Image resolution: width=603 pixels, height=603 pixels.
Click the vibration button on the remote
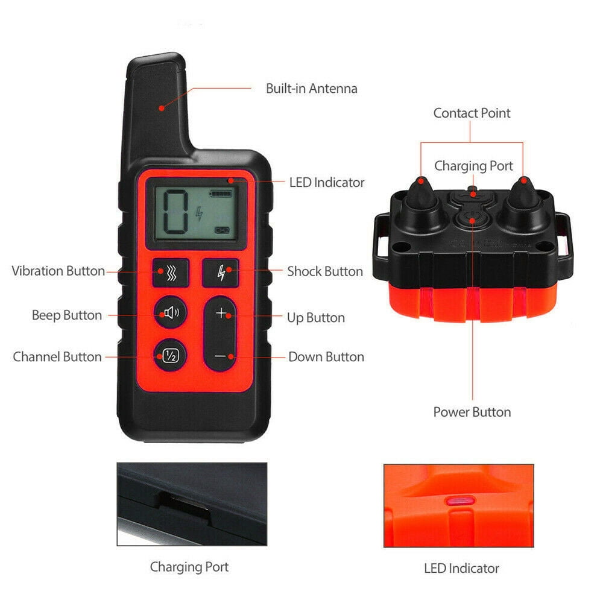click(x=171, y=273)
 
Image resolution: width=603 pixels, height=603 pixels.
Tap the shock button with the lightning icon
click(x=221, y=273)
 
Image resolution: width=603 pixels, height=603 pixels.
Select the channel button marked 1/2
click(x=171, y=355)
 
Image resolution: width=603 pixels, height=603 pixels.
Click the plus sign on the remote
click(x=221, y=313)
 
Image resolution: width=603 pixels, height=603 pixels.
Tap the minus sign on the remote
click(x=220, y=356)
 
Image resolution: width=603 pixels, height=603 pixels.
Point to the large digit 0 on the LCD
click(x=175, y=212)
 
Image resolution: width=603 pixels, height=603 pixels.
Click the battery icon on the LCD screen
click(x=220, y=193)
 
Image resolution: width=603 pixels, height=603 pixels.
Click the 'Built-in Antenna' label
click(x=312, y=89)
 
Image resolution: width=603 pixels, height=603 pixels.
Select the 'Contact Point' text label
click(x=472, y=113)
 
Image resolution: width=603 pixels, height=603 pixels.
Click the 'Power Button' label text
click(x=472, y=412)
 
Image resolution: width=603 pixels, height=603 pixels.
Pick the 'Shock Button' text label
click(x=325, y=271)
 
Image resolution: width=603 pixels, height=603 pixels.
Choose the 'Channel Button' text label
click(x=57, y=357)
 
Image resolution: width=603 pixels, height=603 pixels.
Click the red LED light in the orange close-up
click(x=460, y=500)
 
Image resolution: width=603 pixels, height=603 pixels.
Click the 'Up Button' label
click(x=316, y=318)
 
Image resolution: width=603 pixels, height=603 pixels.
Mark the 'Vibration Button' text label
click(x=58, y=271)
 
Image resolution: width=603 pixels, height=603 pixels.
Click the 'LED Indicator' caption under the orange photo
click(x=461, y=569)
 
